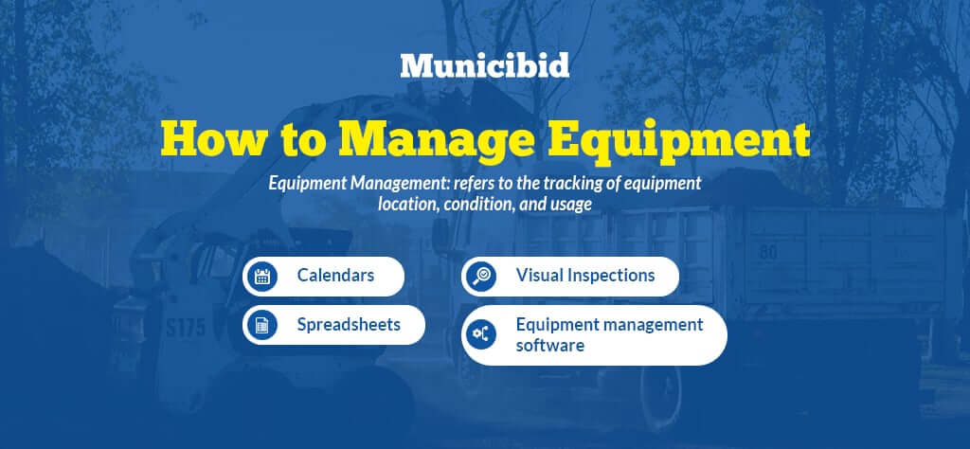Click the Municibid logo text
(x=484, y=65)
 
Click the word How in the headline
(x=212, y=140)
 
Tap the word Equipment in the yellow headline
(x=678, y=143)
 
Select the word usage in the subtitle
(x=570, y=205)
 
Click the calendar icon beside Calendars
(x=261, y=276)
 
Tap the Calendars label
(x=335, y=275)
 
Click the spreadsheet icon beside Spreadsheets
(x=261, y=325)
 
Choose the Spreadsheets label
(x=349, y=325)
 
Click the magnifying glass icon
(x=480, y=276)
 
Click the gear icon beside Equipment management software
(x=480, y=334)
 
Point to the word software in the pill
(x=550, y=345)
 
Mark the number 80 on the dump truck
(x=768, y=252)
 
